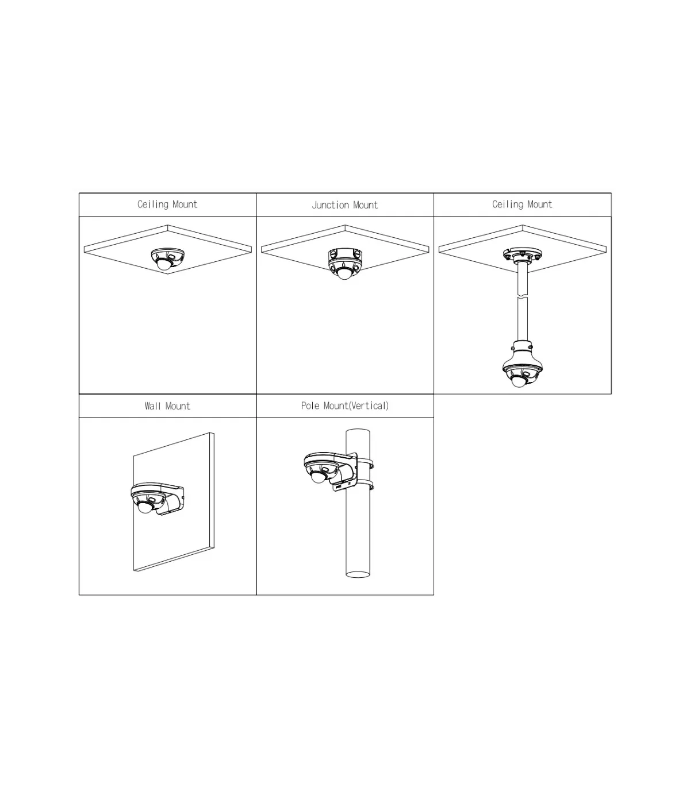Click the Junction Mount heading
click(x=344, y=205)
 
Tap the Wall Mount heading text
click(x=167, y=406)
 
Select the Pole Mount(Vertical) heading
click(x=344, y=405)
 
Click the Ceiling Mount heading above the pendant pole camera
click(x=522, y=204)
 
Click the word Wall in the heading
click(x=152, y=406)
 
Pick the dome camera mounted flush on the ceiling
click(x=167, y=259)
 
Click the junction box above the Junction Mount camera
click(x=344, y=254)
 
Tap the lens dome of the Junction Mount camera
click(x=344, y=273)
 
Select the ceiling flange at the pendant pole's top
click(x=522, y=254)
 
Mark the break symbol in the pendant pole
click(x=522, y=298)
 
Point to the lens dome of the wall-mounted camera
click(x=145, y=507)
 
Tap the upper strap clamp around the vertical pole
click(x=365, y=463)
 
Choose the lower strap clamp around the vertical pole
click(x=365, y=485)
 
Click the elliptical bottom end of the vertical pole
click(x=358, y=575)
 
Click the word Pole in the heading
click(x=310, y=405)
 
